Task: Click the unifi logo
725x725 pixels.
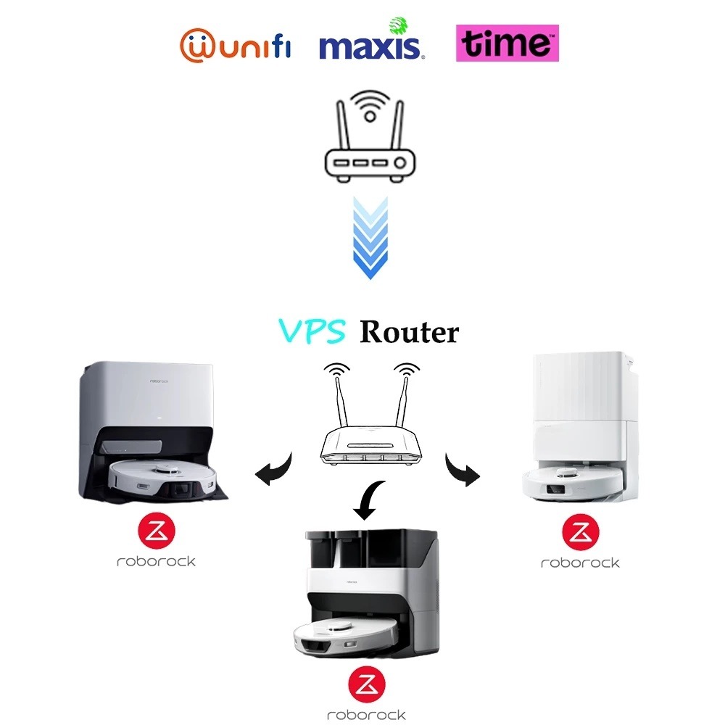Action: tap(235, 44)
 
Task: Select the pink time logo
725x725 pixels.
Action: tap(507, 43)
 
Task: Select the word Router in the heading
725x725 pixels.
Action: tap(410, 332)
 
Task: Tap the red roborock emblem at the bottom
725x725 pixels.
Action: tap(366, 686)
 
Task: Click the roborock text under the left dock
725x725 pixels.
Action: tap(156, 561)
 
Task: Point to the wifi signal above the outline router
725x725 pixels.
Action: tap(370, 105)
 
